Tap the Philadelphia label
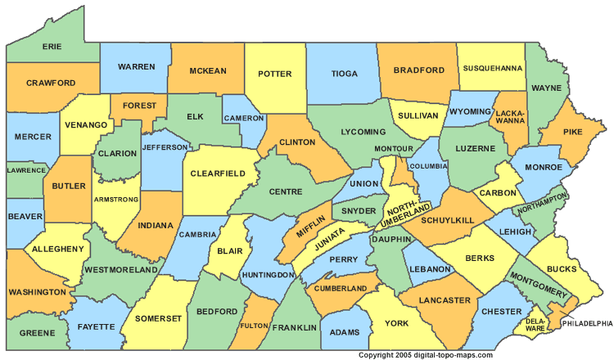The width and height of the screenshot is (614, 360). point(586,324)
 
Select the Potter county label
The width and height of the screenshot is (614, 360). point(274,73)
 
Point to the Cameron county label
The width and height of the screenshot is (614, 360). point(244,117)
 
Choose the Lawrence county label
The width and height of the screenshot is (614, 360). point(26,169)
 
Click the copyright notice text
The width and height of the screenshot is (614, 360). point(425,355)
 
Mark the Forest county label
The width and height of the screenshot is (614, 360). point(138,106)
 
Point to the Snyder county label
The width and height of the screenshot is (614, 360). point(360,210)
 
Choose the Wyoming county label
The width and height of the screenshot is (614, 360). point(469,110)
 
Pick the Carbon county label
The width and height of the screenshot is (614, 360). point(499,192)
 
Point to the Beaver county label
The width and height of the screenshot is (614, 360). point(25,216)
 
